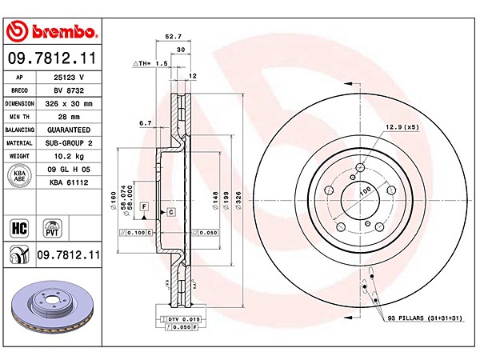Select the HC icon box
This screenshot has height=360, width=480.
click(x=18, y=227)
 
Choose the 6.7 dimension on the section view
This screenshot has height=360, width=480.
click(x=145, y=123)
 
